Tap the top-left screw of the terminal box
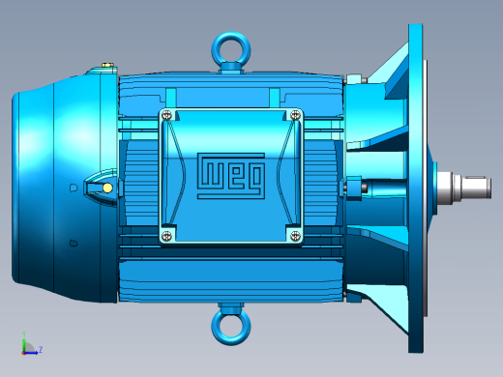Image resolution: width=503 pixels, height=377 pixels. tap(166, 115)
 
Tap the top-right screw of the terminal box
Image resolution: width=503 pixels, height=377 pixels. tap(295, 115)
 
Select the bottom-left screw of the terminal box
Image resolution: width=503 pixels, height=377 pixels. tap(166, 236)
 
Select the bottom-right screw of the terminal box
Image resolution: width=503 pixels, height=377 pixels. tap(295, 236)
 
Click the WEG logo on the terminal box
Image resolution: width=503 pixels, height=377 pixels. tap(231, 176)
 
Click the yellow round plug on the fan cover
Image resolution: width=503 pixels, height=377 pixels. tap(107, 188)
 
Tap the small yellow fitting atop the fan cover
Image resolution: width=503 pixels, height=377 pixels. tap(107, 65)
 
